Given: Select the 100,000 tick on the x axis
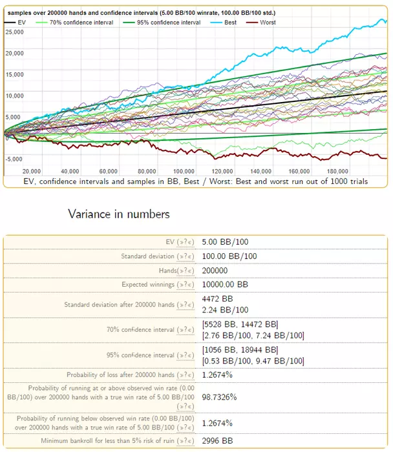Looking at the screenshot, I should (186, 171).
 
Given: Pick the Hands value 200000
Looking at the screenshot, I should (217, 270).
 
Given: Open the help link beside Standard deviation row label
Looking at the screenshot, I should (184, 256).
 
